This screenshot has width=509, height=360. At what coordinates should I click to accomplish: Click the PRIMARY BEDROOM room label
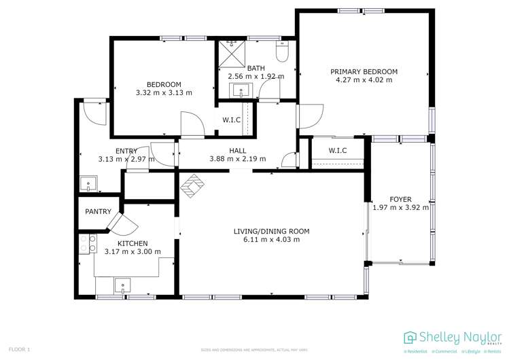click(364, 71)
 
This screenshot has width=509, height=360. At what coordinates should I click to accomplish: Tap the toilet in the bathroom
click(283, 52)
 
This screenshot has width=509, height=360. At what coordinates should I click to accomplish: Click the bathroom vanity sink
click(241, 90)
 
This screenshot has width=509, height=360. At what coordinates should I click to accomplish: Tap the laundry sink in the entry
click(88, 183)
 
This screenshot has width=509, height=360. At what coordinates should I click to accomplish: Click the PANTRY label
click(98, 212)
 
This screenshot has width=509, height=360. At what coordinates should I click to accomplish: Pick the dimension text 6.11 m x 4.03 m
click(271, 240)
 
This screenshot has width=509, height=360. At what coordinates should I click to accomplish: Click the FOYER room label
click(400, 199)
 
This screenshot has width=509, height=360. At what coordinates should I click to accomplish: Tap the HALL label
click(238, 151)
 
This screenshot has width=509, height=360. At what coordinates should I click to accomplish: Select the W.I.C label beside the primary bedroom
click(338, 150)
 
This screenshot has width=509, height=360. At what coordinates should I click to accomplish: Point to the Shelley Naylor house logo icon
click(410, 338)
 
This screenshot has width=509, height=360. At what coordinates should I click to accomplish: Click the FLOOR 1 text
click(19, 349)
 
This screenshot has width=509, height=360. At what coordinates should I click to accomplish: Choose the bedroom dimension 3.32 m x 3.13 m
click(164, 93)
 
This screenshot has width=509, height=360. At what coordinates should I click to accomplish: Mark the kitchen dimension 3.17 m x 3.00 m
click(133, 252)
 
